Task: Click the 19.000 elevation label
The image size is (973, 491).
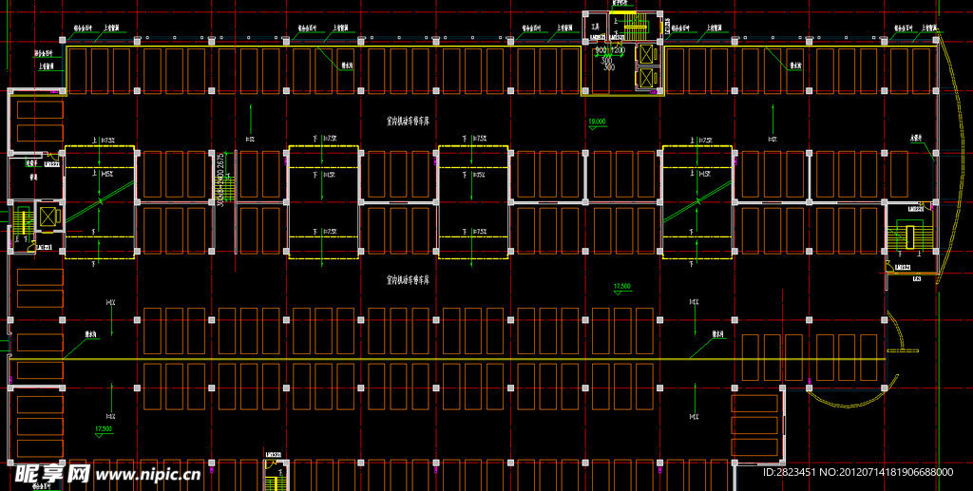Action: (x=597, y=123)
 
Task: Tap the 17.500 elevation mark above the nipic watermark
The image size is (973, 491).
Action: (x=103, y=429)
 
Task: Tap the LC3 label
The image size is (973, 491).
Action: (x=917, y=279)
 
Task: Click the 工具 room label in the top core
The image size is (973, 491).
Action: (x=596, y=26)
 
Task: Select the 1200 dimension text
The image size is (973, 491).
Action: (x=617, y=48)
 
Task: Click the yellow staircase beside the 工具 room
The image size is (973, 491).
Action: (x=630, y=24)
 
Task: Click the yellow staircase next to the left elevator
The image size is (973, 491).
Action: (x=21, y=223)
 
